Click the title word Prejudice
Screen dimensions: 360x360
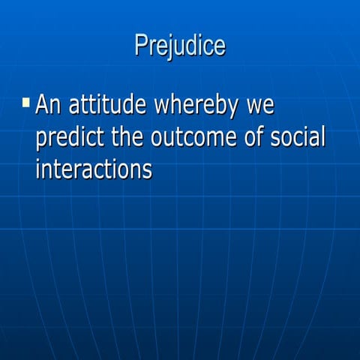point(180,45)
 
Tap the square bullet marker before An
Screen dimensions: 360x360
point(26,101)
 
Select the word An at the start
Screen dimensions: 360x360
point(49,104)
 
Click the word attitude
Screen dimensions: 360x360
point(107,104)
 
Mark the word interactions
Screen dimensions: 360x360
point(94,169)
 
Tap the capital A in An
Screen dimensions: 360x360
point(43,104)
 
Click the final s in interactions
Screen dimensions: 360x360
point(148,170)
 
